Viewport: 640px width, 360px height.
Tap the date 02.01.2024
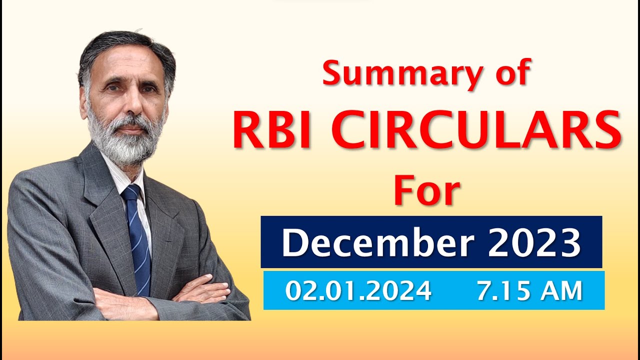pyautogui.click(x=358, y=291)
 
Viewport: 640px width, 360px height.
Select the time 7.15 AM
pyautogui.click(x=529, y=291)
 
